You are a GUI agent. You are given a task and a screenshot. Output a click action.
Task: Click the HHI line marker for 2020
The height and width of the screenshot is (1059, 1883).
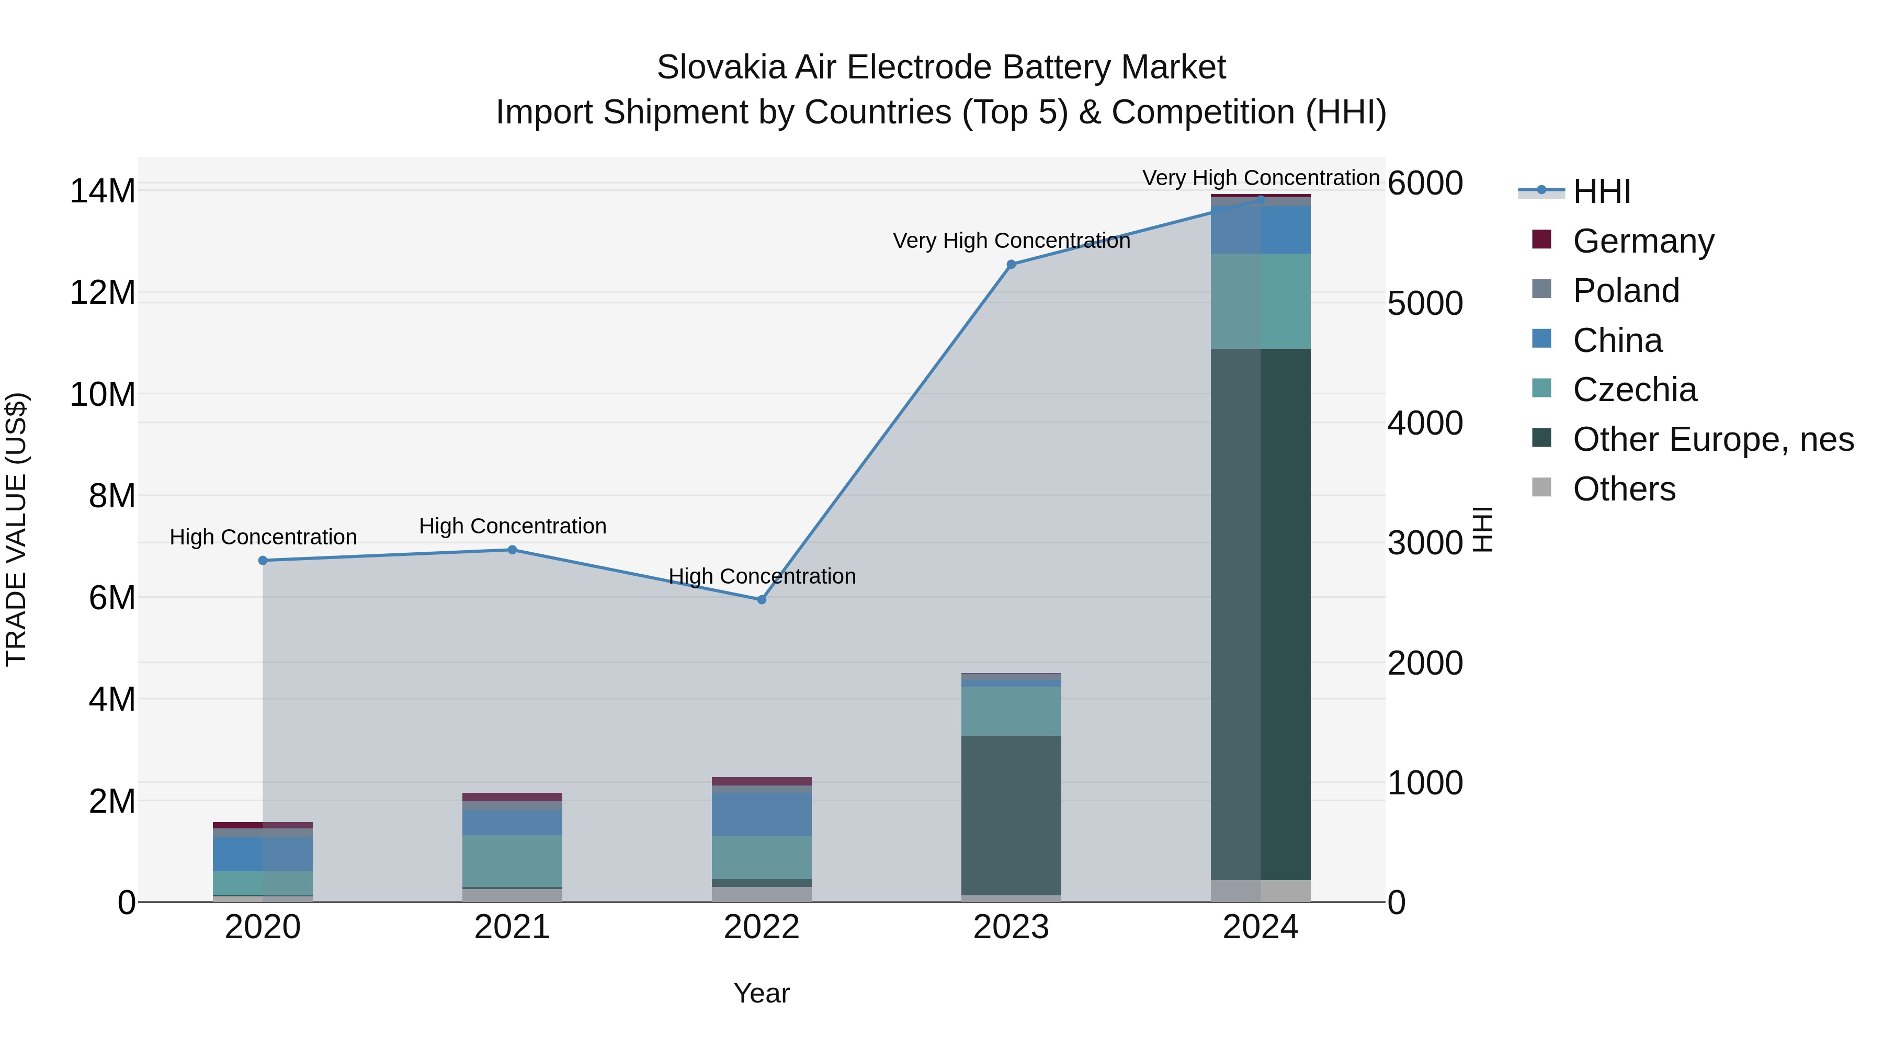coord(263,561)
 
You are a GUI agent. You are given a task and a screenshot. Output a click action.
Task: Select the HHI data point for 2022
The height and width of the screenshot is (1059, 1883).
coord(762,599)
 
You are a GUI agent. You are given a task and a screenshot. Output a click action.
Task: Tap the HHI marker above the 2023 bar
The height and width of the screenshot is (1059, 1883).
coord(1011,265)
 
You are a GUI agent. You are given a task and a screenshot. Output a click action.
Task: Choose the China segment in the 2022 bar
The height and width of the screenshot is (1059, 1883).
coord(762,814)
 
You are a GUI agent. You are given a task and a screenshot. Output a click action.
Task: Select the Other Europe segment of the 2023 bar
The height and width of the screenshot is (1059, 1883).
coord(1011,815)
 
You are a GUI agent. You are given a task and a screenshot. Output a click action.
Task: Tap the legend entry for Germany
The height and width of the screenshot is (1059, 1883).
coord(1642,241)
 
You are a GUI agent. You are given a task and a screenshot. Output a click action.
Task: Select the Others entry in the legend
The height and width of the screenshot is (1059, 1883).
coord(1624,489)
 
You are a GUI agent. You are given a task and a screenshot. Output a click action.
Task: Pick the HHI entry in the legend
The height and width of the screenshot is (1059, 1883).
coord(1601,191)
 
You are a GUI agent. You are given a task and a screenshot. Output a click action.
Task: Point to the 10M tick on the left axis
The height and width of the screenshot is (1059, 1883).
coord(103,395)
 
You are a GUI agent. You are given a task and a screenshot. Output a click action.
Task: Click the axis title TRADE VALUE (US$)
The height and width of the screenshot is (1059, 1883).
coord(16,529)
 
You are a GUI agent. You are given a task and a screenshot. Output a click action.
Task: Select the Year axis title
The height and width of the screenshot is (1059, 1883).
coord(761,993)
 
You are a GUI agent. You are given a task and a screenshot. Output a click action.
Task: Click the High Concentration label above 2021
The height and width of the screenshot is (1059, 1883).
coord(513,526)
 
